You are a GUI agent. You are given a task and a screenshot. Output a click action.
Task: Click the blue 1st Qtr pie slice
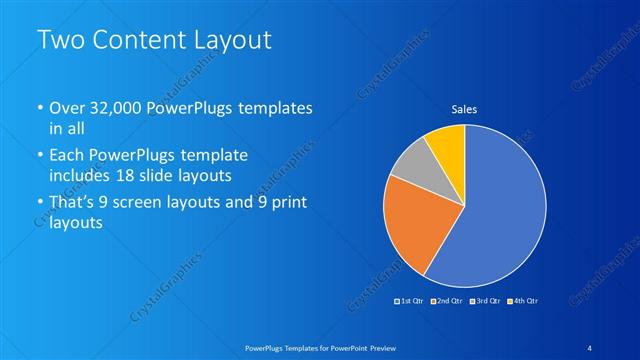pyautogui.click(x=505, y=210)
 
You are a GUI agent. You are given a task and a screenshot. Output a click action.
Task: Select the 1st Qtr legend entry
pyautogui.click(x=410, y=300)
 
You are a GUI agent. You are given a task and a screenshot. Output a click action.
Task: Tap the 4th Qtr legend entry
pyautogui.click(x=524, y=300)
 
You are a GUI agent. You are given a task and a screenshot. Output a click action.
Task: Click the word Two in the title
pyautogui.click(x=62, y=40)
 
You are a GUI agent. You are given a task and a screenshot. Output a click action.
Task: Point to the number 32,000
pyautogui.click(x=119, y=107)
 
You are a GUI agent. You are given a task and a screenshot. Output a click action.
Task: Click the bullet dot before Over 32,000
pyautogui.click(x=39, y=108)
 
